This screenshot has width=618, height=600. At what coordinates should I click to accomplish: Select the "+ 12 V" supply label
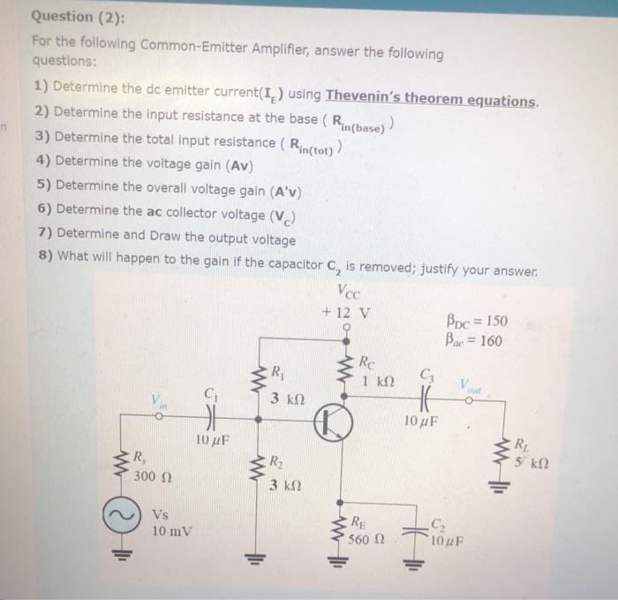(347, 311)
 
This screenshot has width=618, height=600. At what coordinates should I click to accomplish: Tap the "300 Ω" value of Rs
(155, 477)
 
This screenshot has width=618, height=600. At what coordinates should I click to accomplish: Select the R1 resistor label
(278, 372)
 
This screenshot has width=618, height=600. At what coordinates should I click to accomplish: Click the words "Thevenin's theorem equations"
(431, 99)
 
